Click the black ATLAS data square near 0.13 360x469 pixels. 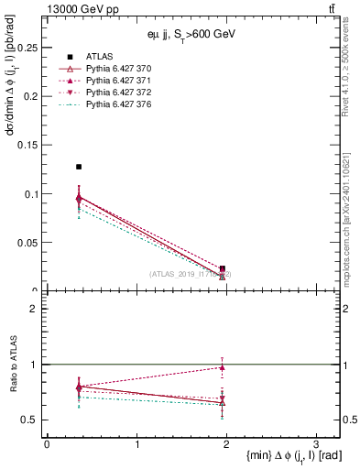coord(79,167)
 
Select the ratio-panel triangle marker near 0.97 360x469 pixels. coord(223,367)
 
